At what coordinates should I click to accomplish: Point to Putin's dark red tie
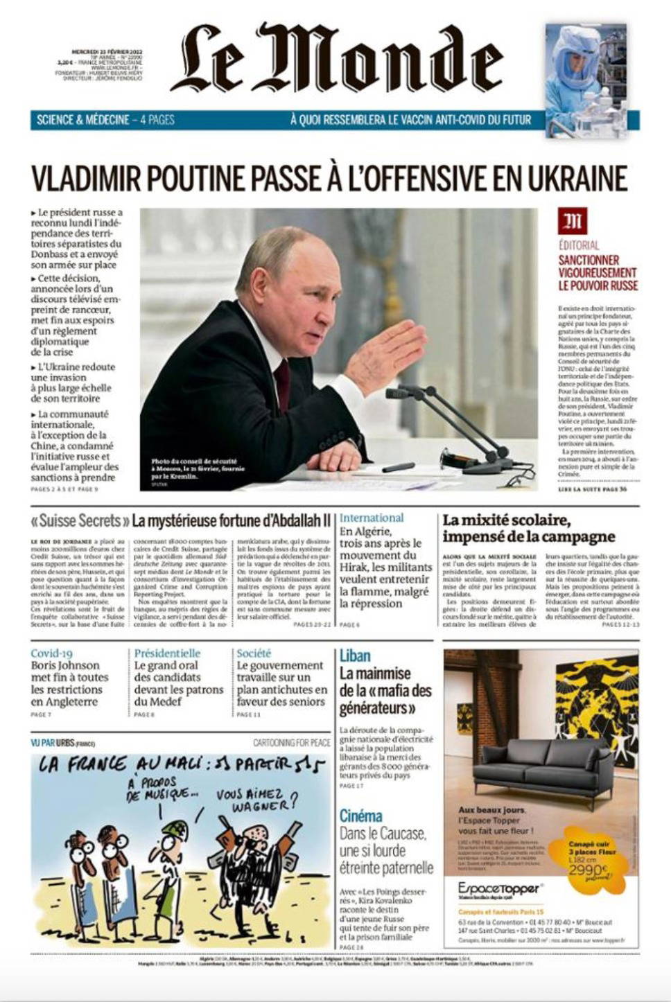(x=282, y=385)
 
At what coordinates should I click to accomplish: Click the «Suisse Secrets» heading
(x=80, y=520)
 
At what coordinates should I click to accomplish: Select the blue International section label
(x=372, y=518)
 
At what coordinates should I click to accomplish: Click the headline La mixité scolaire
(x=507, y=520)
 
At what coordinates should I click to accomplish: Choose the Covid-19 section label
(x=51, y=653)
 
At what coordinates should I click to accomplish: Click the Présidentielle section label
(x=167, y=653)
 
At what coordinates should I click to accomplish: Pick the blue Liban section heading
(x=355, y=656)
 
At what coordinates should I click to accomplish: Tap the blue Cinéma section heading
(x=360, y=816)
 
